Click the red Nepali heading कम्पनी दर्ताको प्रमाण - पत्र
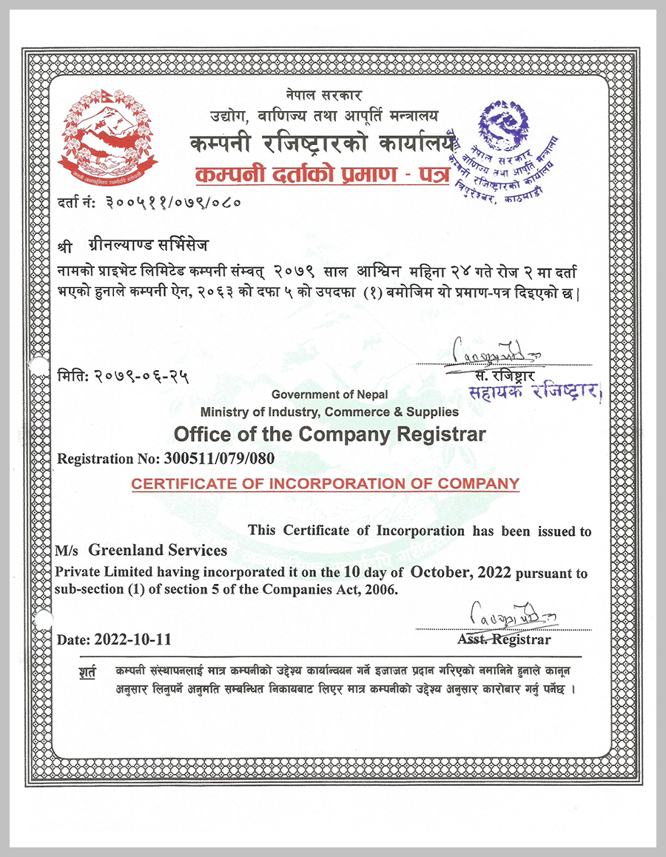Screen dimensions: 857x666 click(x=321, y=176)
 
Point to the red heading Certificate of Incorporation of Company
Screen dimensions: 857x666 click(x=326, y=484)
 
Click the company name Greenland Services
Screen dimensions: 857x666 click(x=158, y=551)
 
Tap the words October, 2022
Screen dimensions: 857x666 click(x=462, y=572)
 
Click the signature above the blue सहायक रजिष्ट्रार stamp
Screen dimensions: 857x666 click(x=491, y=349)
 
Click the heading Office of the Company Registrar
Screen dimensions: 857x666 click(x=329, y=434)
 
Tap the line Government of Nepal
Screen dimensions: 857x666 click(x=329, y=395)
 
